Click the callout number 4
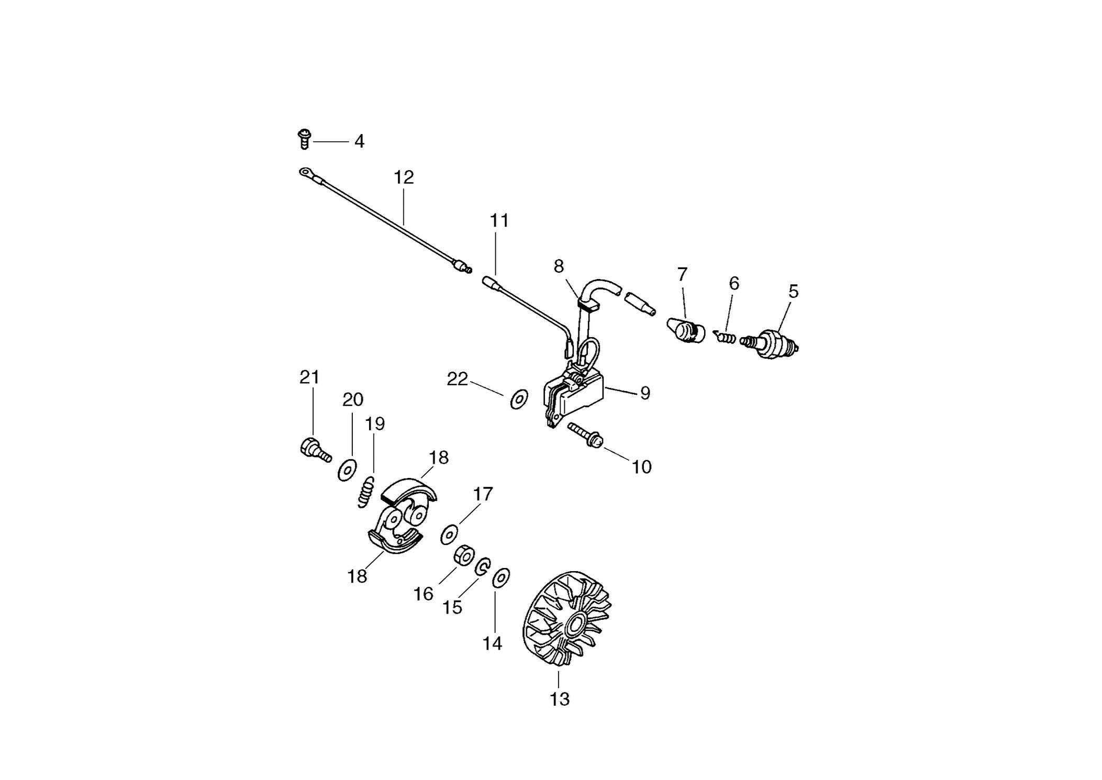point(359,141)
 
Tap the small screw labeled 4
point(304,139)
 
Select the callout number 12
point(404,177)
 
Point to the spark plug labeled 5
point(770,343)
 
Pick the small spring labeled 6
point(726,337)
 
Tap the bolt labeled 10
point(586,436)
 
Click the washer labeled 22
point(519,399)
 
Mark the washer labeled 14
point(501,577)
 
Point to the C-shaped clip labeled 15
point(482,566)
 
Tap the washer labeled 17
point(449,535)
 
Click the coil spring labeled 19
point(366,491)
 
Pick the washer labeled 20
point(347,470)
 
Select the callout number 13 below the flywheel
point(559,699)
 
